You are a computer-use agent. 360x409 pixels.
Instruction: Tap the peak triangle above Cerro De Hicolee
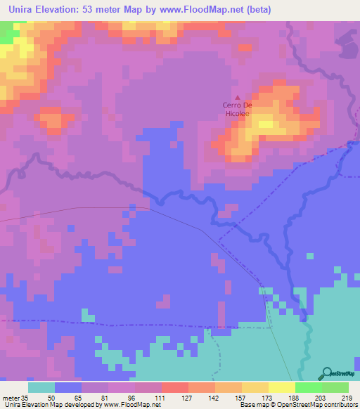(237, 98)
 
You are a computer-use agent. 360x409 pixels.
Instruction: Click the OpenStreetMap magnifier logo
(327, 372)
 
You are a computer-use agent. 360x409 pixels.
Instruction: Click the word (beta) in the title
(257, 10)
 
